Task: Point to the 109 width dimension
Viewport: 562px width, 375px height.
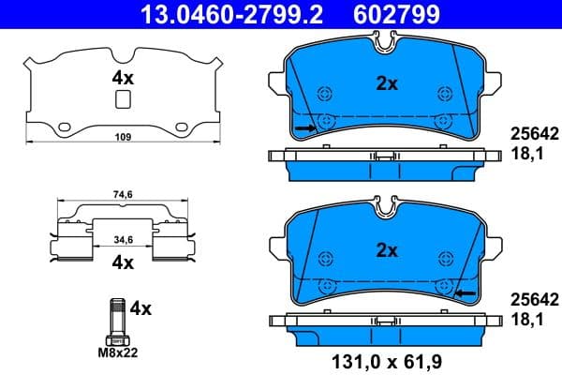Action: tap(121, 138)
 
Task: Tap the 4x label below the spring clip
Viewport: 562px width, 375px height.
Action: tap(122, 263)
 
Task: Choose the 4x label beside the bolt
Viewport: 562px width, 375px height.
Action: tap(140, 307)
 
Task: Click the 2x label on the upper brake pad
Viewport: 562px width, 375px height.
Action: tap(387, 82)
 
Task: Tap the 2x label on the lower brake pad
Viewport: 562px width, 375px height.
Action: tap(387, 249)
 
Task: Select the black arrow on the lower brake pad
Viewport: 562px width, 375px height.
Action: tap(465, 293)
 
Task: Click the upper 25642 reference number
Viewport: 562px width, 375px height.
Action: tap(533, 133)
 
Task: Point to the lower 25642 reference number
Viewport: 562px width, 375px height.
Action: tap(533, 300)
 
